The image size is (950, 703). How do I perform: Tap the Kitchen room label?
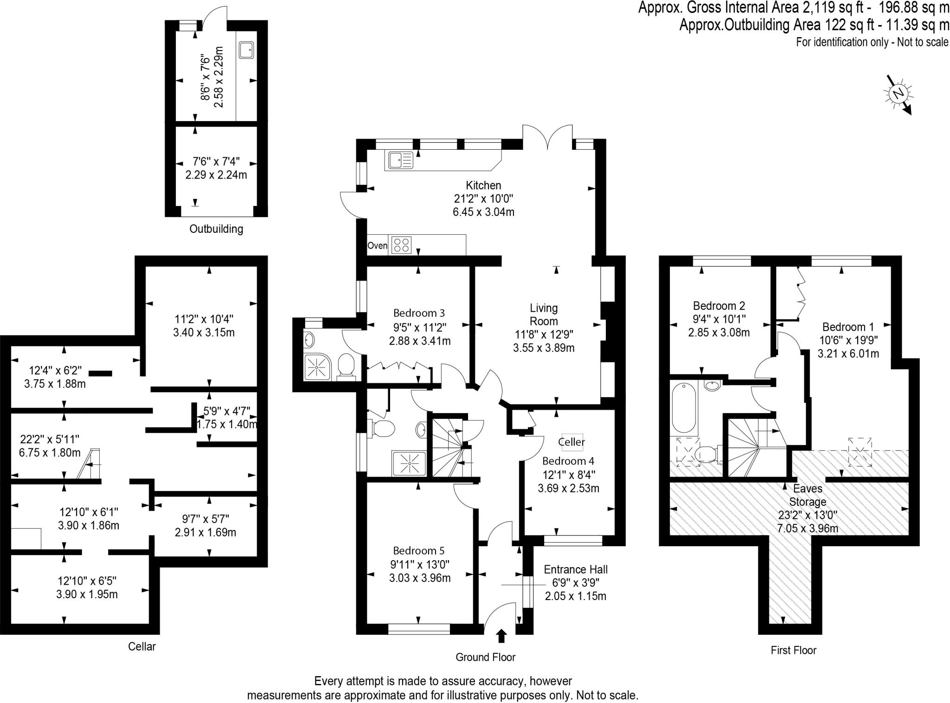(483, 185)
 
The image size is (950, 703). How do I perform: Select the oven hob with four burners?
(401, 245)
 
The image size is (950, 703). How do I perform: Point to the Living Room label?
(544, 314)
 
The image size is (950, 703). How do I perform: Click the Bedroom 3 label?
(419, 313)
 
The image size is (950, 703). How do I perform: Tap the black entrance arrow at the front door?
(501, 636)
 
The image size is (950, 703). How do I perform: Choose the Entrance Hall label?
(575, 569)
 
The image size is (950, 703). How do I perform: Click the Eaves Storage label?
(808, 495)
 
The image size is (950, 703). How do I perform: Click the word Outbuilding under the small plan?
(216, 229)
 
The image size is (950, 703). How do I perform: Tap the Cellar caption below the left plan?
(142, 646)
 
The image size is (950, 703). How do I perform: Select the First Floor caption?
(793, 650)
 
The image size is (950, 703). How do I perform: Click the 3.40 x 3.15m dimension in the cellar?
(204, 333)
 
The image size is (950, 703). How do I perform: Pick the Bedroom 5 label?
(418, 551)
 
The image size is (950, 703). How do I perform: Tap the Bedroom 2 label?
(719, 306)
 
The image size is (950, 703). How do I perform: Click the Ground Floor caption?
(485, 657)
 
